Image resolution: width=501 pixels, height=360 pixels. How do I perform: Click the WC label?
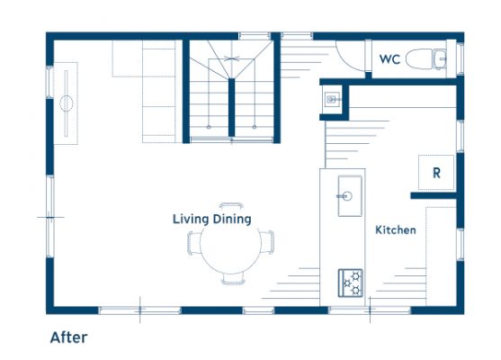[x=389, y=59]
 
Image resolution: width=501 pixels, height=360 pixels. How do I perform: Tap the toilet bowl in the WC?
[x=419, y=58]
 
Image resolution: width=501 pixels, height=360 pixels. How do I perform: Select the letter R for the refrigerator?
[x=436, y=173]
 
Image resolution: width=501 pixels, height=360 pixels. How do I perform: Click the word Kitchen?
[x=396, y=229]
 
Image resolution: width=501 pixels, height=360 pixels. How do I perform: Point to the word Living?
[x=191, y=219]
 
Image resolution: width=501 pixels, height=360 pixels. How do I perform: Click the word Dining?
[x=232, y=219]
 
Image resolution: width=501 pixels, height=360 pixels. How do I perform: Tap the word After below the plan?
[x=68, y=337]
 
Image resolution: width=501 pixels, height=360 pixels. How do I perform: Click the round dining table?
[x=230, y=244]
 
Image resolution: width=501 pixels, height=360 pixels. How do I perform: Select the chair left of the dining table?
[x=194, y=243]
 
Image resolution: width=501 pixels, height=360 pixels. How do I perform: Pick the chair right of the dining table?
[x=267, y=242]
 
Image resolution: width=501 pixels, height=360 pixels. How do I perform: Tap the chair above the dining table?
[x=231, y=205]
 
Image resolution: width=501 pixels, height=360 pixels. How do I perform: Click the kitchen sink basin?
[x=350, y=195]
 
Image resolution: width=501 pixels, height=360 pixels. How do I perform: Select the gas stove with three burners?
[x=351, y=283]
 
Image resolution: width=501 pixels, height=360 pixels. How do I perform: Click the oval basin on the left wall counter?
[x=67, y=103]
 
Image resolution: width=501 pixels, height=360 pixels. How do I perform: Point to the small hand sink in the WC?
[x=440, y=58]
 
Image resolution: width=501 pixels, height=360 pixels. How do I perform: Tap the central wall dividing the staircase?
[x=232, y=107]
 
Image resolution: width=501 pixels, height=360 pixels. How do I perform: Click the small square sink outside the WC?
[x=331, y=99]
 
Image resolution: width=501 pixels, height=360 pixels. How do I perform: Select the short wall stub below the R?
[x=434, y=195]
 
